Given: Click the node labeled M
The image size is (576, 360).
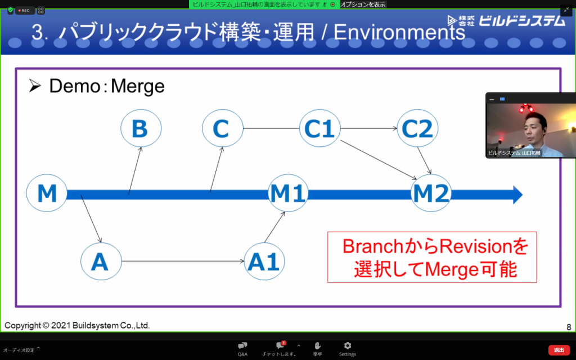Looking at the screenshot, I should click(x=47, y=193).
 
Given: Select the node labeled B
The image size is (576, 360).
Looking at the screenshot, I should click(x=140, y=129).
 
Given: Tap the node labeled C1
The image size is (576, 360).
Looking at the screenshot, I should click(x=319, y=129).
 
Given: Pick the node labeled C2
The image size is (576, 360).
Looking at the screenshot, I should click(x=417, y=129).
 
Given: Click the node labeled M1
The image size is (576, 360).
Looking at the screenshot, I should click(x=288, y=194).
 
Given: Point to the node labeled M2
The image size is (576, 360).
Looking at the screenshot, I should click(x=431, y=194).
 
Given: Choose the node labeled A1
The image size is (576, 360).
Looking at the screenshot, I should click(x=264, y=262).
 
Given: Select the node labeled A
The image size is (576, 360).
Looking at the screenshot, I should click(x=101, y=262).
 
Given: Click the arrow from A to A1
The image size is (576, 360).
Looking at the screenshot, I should click(x=183, y=262).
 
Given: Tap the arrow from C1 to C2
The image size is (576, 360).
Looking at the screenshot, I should click(x=368, y=129).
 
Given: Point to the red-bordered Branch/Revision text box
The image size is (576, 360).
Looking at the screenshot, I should click(x=432, y=257).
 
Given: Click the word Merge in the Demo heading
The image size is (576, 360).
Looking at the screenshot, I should click(x=138, y=86).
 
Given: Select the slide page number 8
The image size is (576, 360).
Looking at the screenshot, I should click(x=568, y=327).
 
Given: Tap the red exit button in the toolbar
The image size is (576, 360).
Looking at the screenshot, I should click(x=559, y=350).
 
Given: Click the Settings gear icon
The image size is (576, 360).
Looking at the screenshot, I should click(x=347, y=345).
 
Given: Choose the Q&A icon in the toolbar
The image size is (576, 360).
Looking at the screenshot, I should click(x=242, y=345).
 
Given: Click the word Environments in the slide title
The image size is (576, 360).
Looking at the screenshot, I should click(x=399, y=33).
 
